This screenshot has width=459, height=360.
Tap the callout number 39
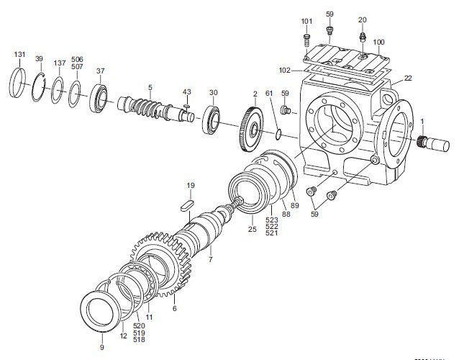[39, 59]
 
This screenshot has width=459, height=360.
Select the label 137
[58, 63]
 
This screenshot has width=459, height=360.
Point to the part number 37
[101, 71]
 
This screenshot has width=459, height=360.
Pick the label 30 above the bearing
[213, 93]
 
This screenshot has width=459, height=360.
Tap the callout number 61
[268, 94]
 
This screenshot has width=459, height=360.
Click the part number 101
[306, 21]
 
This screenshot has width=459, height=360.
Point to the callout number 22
[408, 78]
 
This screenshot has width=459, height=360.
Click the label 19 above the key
[191, 186]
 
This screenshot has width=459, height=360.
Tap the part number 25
[252, 230]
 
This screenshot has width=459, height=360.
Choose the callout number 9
[101, 347]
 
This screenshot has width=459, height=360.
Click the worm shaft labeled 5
[151, 105]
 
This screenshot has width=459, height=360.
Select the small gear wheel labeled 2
[251, 130]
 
